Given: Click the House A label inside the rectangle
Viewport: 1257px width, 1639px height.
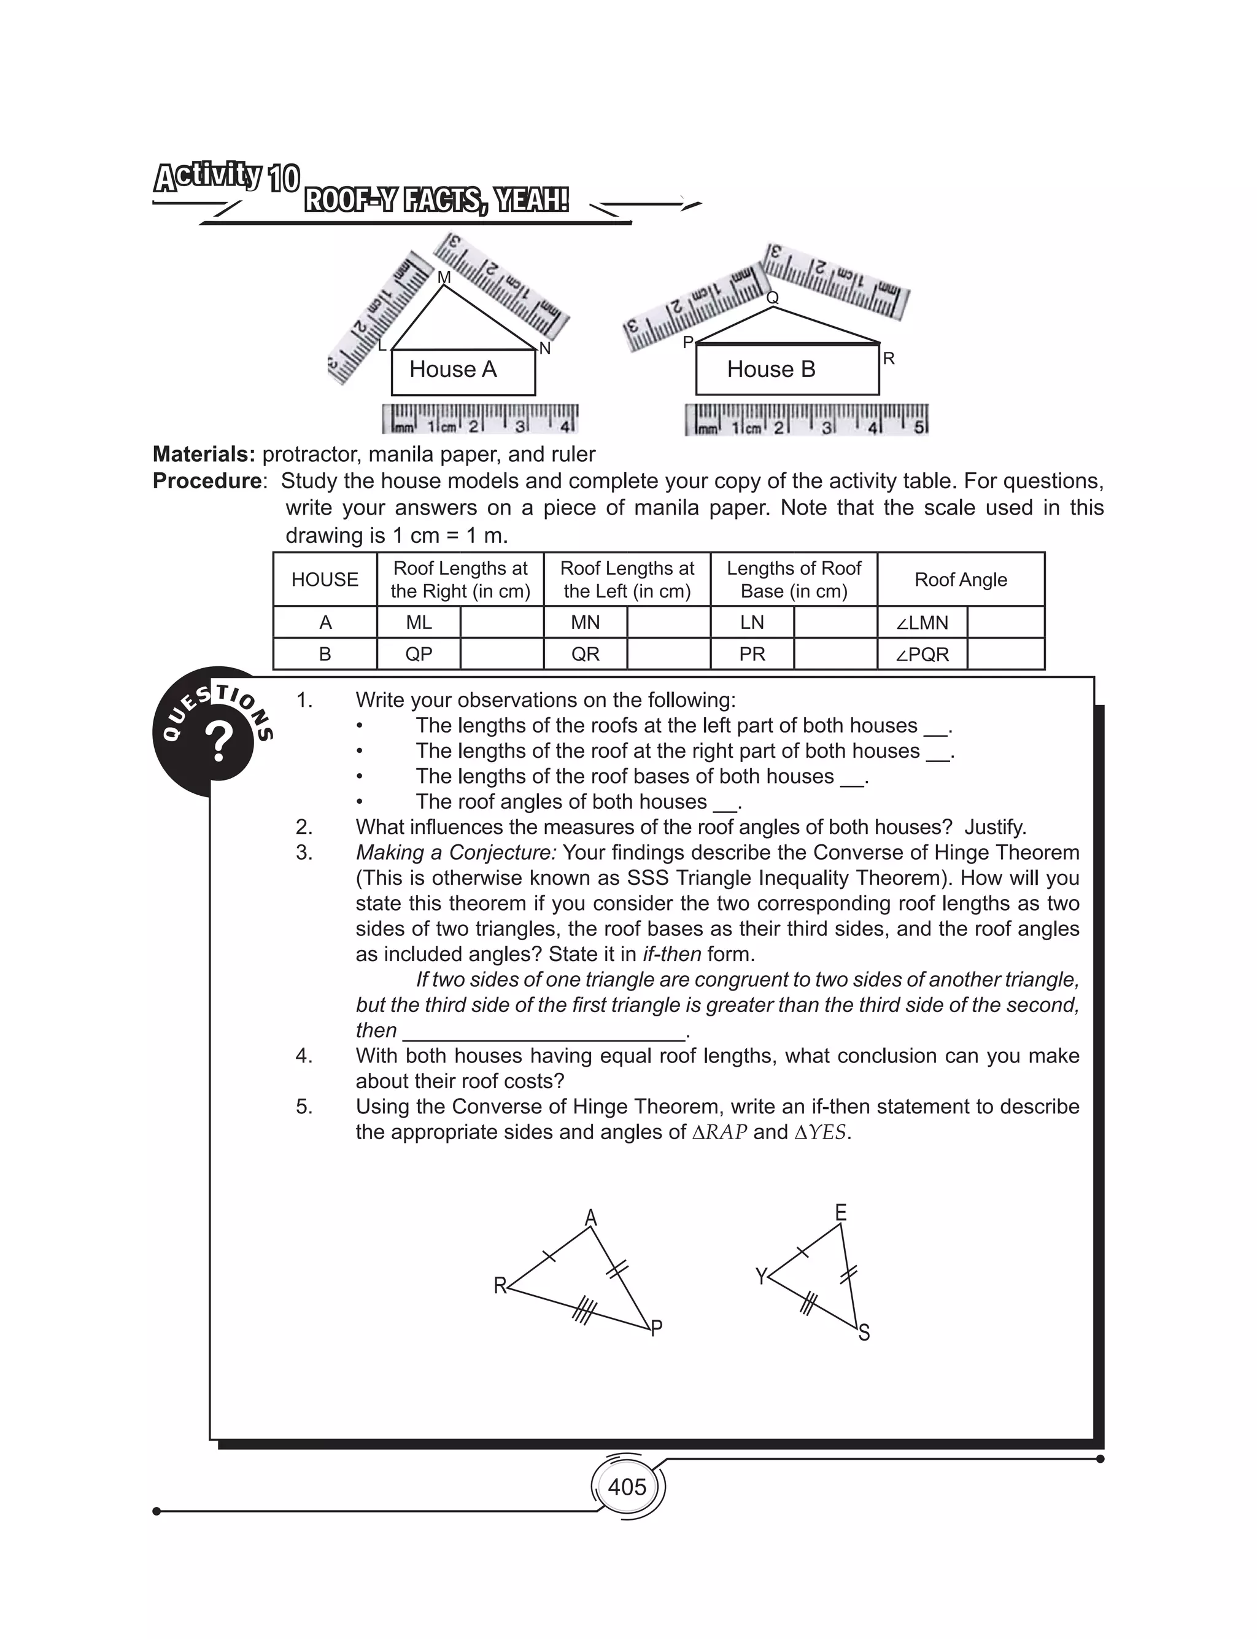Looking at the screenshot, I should tap(453, 369).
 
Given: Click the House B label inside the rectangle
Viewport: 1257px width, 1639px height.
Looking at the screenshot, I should tap(771, 369).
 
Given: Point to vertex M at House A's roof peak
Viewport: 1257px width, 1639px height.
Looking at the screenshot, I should tap(444, 278).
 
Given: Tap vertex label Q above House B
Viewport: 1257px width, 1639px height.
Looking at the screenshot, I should tap(773, 298).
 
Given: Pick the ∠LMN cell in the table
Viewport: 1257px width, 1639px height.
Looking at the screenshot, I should tap(922, 623).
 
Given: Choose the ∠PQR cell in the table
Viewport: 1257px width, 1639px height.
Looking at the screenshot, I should tap(922, 654).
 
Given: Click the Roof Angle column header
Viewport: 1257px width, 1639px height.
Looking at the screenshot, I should tap(961, 579).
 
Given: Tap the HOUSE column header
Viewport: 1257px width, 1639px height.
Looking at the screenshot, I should tap(325, 579).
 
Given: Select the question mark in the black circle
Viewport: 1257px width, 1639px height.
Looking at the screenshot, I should tap(219, 743).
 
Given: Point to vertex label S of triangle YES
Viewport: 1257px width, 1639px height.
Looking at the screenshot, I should tap(864, 1333).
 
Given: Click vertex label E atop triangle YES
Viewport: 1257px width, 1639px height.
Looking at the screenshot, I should tap(841, 1212).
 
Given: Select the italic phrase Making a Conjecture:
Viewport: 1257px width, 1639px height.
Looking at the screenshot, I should tap(455, 852).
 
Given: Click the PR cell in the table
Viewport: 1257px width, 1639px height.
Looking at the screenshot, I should tap(752, 654).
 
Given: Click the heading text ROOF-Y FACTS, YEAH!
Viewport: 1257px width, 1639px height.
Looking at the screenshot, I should tap(436, 201).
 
